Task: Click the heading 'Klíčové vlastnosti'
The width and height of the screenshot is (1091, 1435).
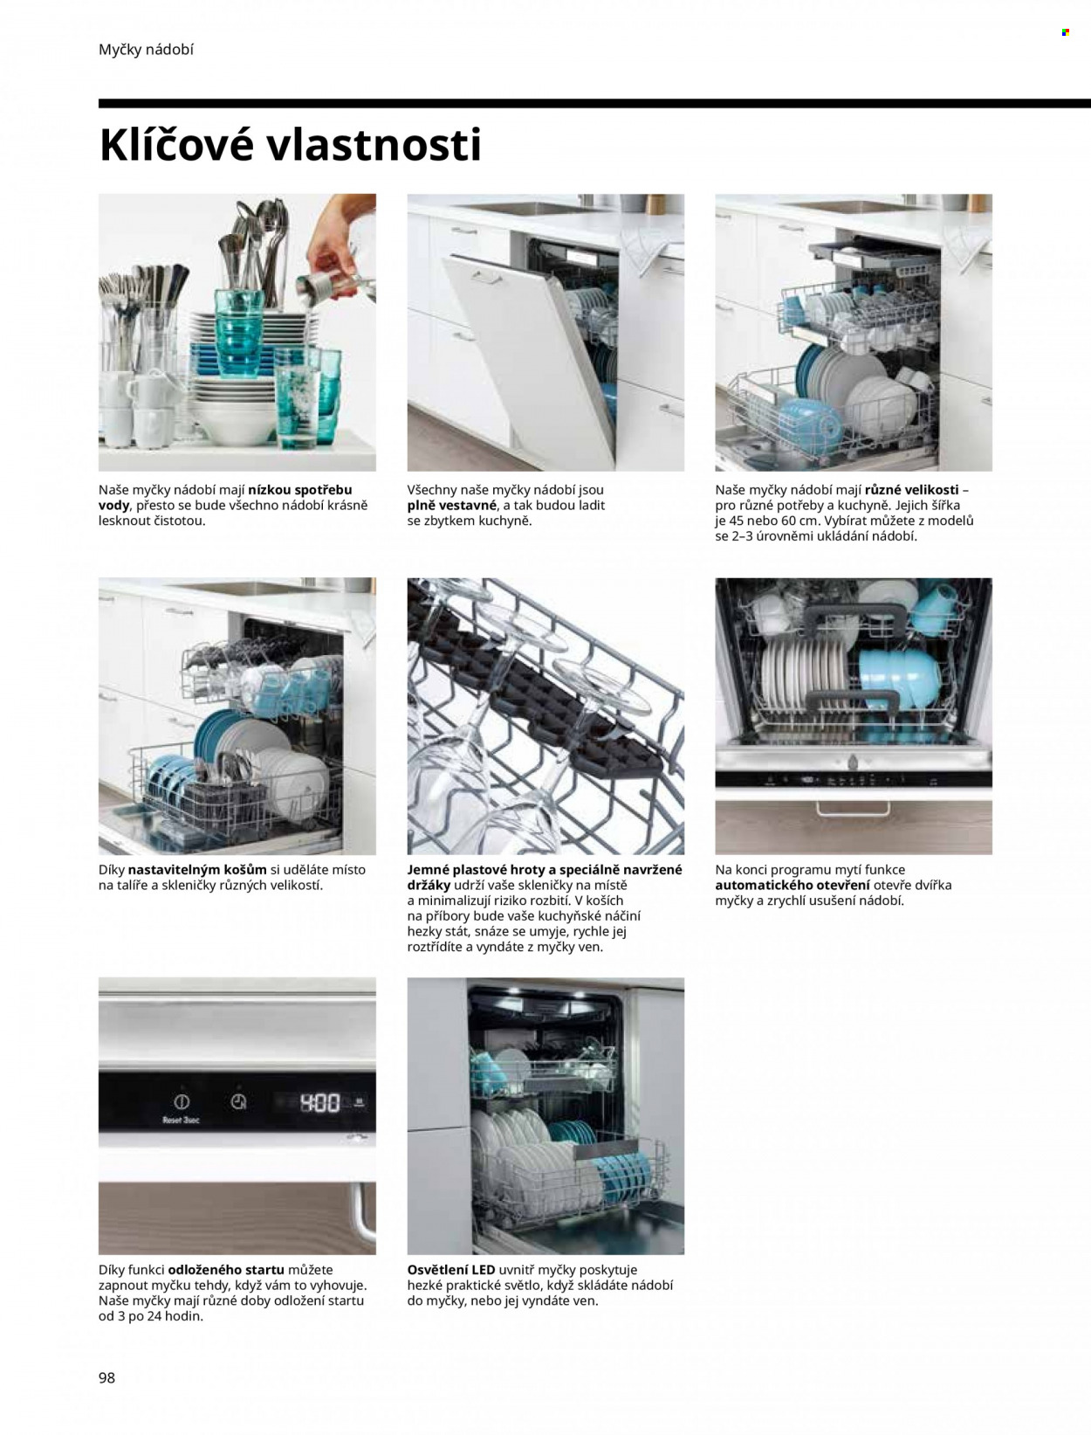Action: [290, 145]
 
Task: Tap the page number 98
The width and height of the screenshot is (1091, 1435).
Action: [106, 1377]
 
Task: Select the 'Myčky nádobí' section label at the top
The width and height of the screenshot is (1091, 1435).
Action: [147, 50]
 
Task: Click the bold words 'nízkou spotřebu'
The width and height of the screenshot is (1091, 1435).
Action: [300, 490]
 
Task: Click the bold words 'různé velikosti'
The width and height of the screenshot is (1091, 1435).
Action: [912, 490]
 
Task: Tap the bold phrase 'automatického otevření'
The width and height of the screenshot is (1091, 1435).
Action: [793, 886]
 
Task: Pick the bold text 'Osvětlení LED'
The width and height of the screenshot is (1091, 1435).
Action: [450, 1270]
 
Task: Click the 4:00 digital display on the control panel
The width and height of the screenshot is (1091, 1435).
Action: [319, 1104]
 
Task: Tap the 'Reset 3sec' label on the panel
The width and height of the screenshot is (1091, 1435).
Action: [181, 1120]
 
